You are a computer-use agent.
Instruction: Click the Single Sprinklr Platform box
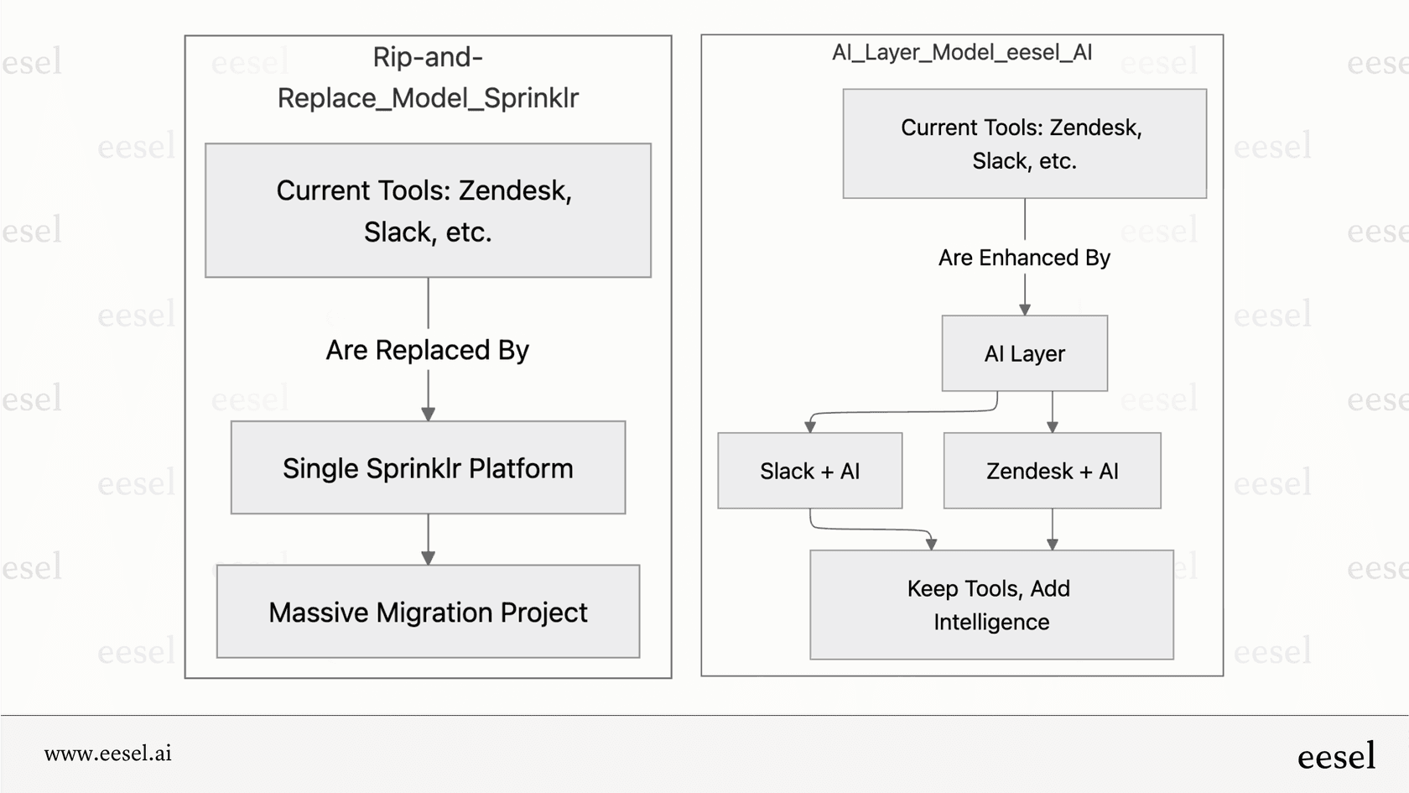tap(428, 467)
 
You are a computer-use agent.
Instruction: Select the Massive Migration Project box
tap(428, 612)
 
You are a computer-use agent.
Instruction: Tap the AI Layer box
tap(1024, 353)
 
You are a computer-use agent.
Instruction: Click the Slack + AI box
tap(809, 471)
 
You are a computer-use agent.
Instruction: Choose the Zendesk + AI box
tap(1052, 471)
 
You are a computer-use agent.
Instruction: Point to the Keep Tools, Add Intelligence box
tap(990, 605)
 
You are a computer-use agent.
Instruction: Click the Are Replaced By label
tap(428, 350)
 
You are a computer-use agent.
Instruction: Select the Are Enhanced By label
tap(1024, 258)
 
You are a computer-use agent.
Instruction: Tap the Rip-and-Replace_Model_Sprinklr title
tap(428, 77)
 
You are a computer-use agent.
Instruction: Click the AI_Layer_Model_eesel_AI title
tap(961, 52)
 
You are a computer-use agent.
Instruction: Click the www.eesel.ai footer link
tap(108, 754)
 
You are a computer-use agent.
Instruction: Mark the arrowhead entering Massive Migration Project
tap(428, 558)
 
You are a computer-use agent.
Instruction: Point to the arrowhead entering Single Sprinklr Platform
tap(428, 414)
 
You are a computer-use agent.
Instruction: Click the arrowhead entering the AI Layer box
tap(1024, 310)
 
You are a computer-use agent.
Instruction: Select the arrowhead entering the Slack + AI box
tap(810, 427)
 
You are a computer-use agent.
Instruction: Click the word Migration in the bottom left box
tap(434, 613)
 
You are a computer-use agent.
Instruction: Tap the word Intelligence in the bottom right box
tap(991, 622)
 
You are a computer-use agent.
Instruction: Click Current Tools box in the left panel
tap(428, 210)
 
